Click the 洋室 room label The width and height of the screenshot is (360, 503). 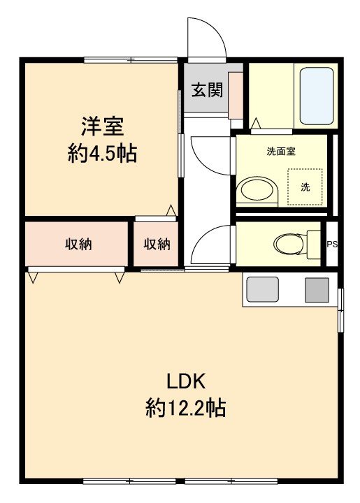click(x=102, y=126)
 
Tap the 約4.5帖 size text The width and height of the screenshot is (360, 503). click(x=102, y=154)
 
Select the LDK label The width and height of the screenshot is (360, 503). click(x=185, y=381)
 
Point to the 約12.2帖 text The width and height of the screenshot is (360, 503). click(x=185, y=407)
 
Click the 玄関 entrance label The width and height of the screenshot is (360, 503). click(x=208, y=90)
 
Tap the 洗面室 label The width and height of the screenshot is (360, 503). click(x=280, y=151)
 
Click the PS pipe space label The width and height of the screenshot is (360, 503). click(x=332, y=244)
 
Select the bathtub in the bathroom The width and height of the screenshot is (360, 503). click(x=316, y=96)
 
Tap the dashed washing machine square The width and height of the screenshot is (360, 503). click(x=305, y=187)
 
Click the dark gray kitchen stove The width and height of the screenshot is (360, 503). click(x=316, y=289)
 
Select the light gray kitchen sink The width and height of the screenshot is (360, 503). click(x=262, y=289)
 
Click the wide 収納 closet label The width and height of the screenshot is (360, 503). click(x=78, y=244)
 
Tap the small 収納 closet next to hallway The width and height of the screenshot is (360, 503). click(x=157, y=244)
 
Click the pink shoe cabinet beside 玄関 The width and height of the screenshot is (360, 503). click(x=236, y=91)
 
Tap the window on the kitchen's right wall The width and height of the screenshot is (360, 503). click(x=340, y=309)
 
